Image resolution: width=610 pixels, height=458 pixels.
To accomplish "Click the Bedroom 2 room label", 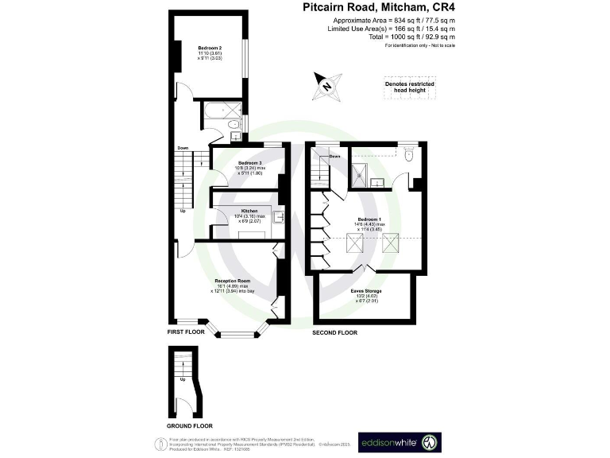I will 210,48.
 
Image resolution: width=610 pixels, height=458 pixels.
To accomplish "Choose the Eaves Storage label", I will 366,291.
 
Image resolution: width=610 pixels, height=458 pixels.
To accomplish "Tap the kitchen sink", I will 279,215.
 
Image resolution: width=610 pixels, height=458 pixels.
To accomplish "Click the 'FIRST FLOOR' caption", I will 186,332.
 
